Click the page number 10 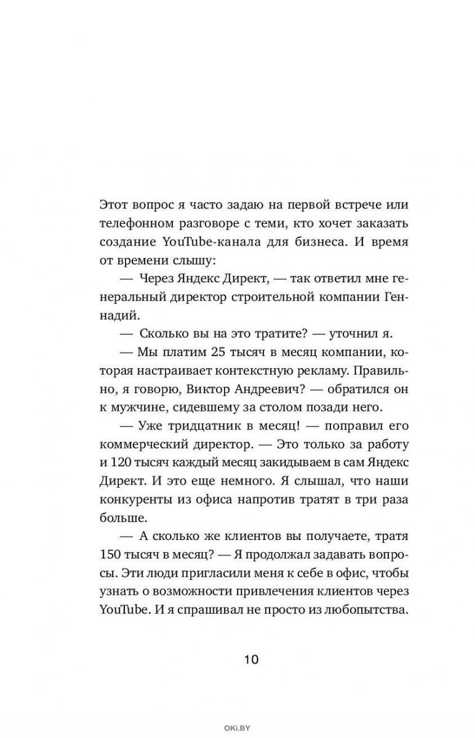pyautogui.click(x=251, y=660)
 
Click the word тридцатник pyautogui.click(x=204, y=426)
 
